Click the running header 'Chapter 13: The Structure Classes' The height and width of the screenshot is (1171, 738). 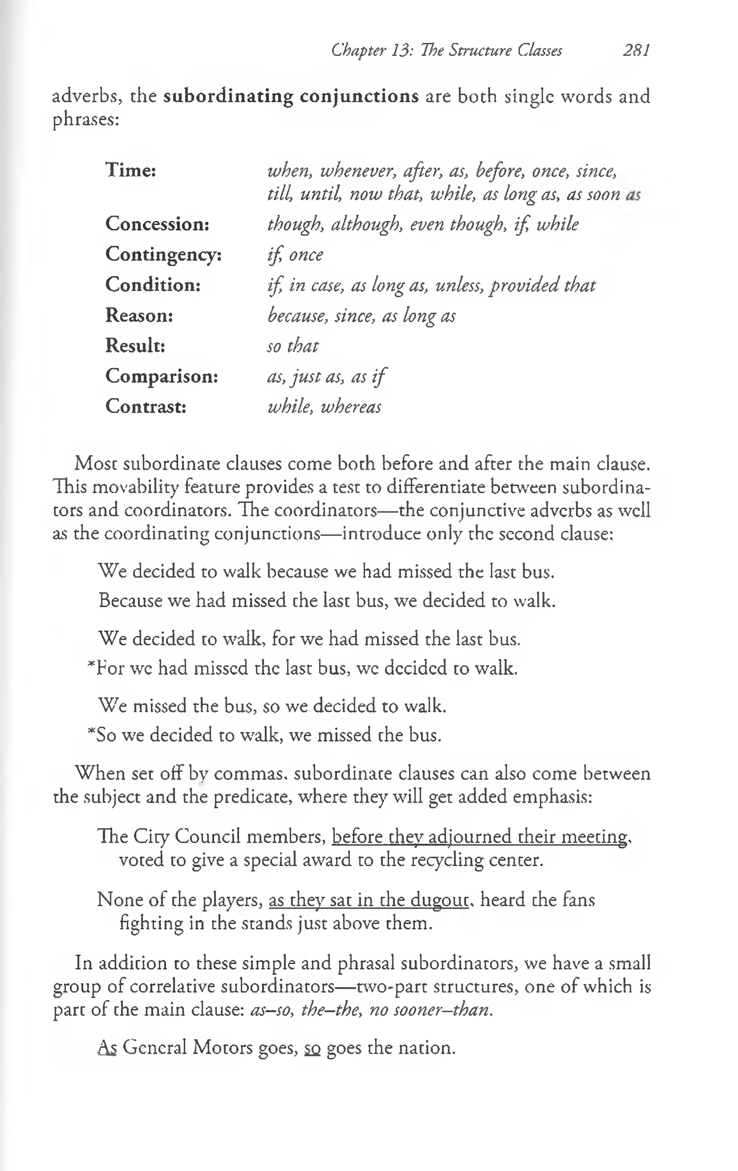[446, 50]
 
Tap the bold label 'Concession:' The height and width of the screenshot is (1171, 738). [157, 224]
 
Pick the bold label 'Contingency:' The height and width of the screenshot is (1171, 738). [164, 254]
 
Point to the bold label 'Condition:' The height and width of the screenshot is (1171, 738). [153, 285]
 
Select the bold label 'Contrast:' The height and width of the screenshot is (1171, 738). [146, 406]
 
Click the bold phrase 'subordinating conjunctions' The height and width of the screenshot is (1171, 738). [291, 96]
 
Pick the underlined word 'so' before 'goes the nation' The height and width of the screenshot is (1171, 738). [312, 1047]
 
